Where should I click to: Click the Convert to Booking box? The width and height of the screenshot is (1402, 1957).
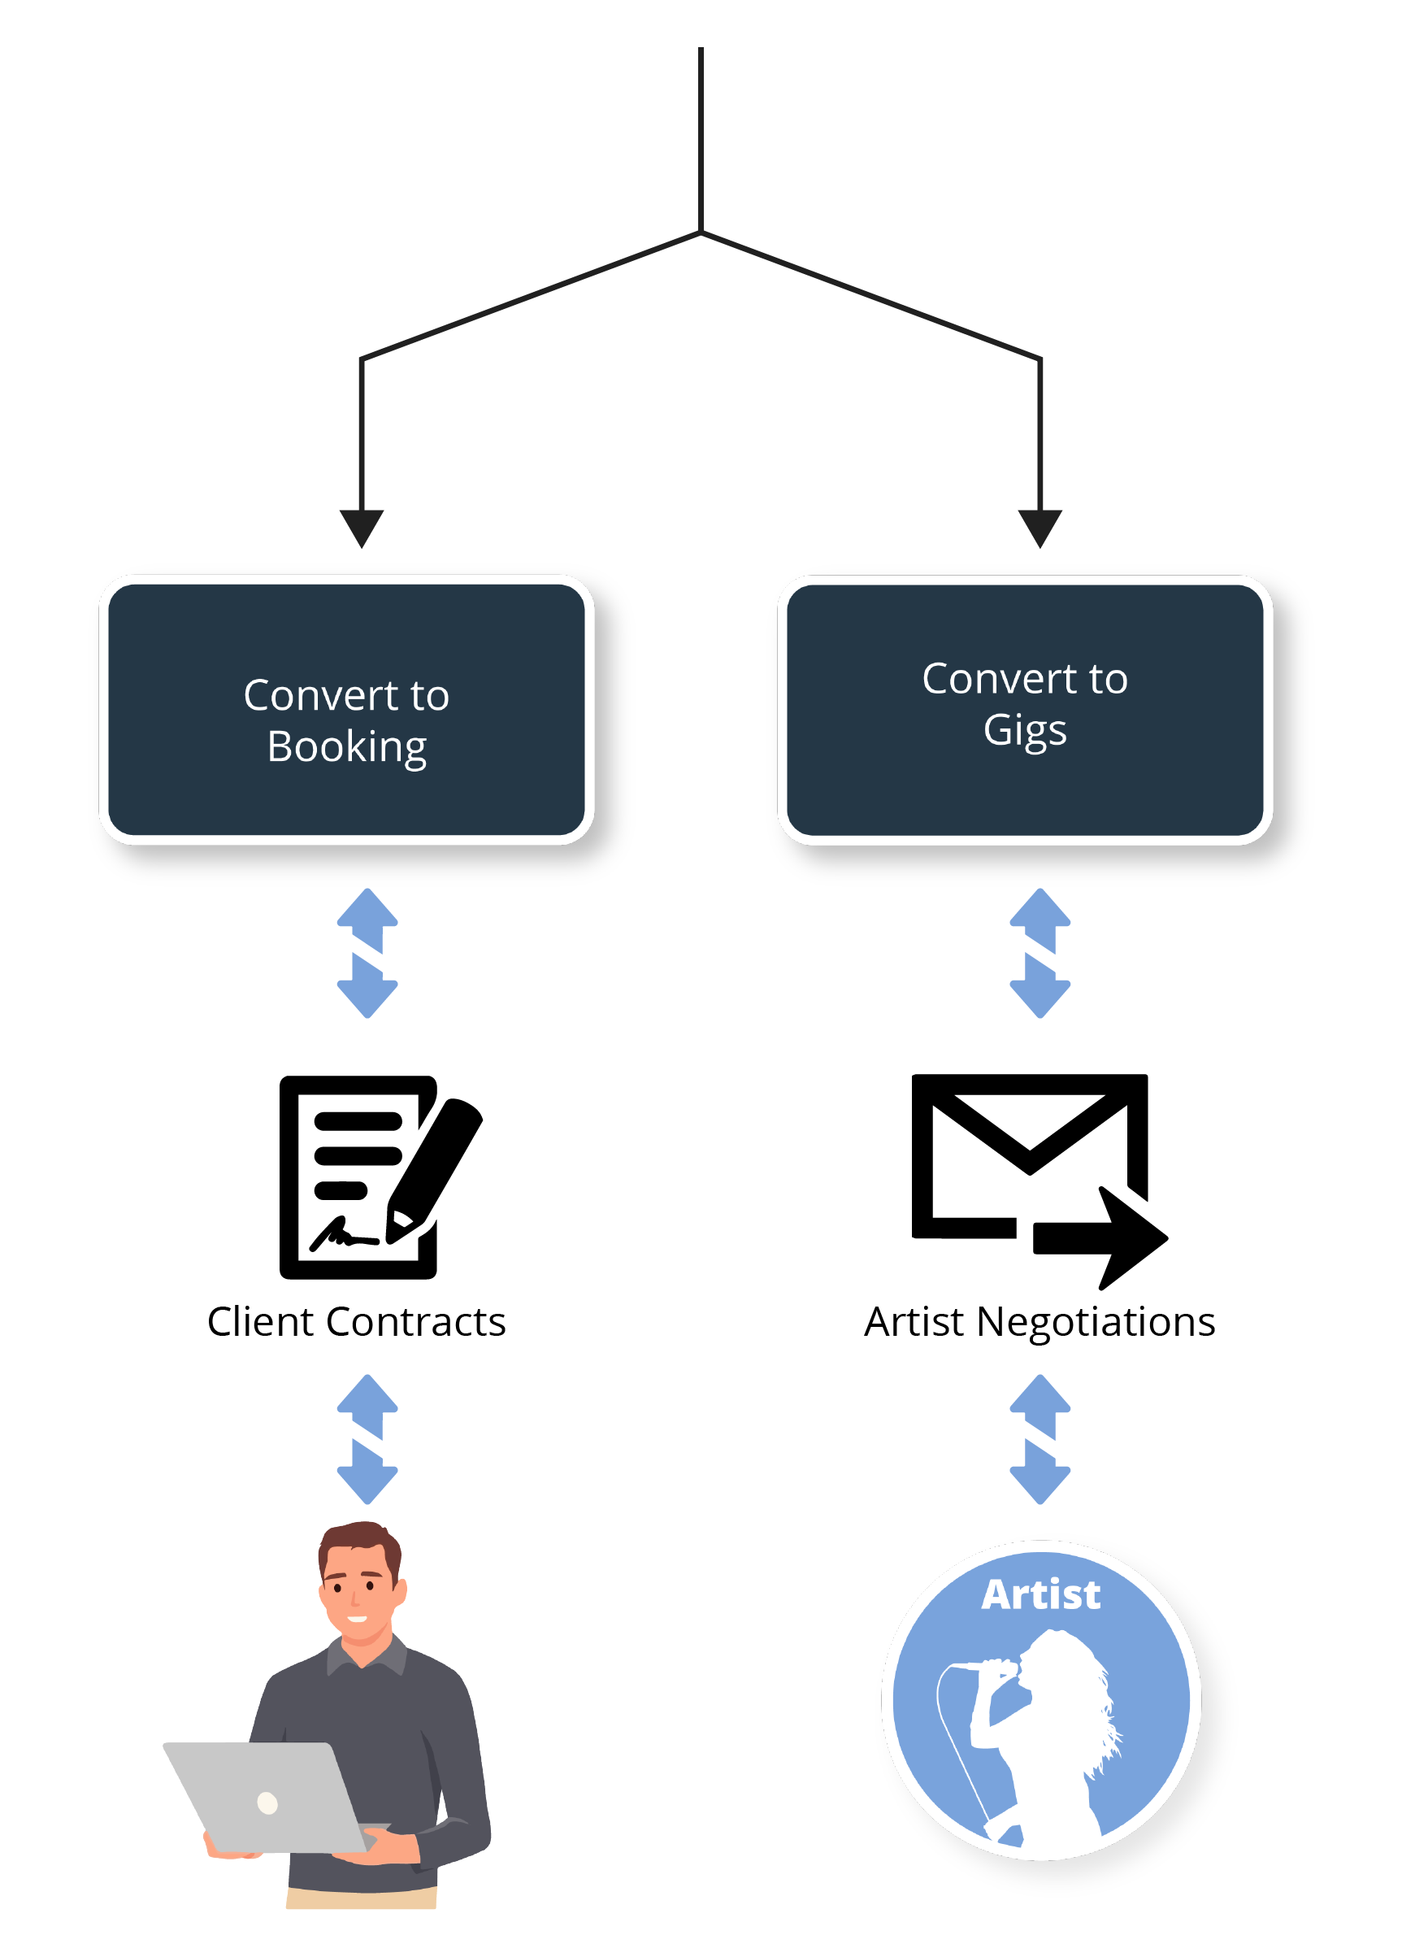click(x=346, y=710)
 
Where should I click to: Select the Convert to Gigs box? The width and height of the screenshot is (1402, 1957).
click(x=1024, y=710)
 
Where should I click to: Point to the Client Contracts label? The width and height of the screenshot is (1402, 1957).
click(x=356, y=1322)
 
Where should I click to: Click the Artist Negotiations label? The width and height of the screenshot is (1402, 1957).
click(x=1040, y=1322)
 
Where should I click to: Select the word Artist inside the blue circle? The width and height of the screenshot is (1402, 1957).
click(x=1040, y=1594)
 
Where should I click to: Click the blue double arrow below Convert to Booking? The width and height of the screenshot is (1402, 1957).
click(x=367, y=953)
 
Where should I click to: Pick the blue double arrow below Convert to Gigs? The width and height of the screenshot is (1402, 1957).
click(x=1040, y=953)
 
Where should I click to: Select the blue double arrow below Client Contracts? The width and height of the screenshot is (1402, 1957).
click(x=367, y=1438)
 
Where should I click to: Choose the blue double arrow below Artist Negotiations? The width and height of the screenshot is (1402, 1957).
click(x=1040, y=1438)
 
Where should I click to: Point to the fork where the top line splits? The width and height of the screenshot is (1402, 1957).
click(x=701, y=231)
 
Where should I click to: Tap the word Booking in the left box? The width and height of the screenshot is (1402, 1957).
click(x=347, y=747)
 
